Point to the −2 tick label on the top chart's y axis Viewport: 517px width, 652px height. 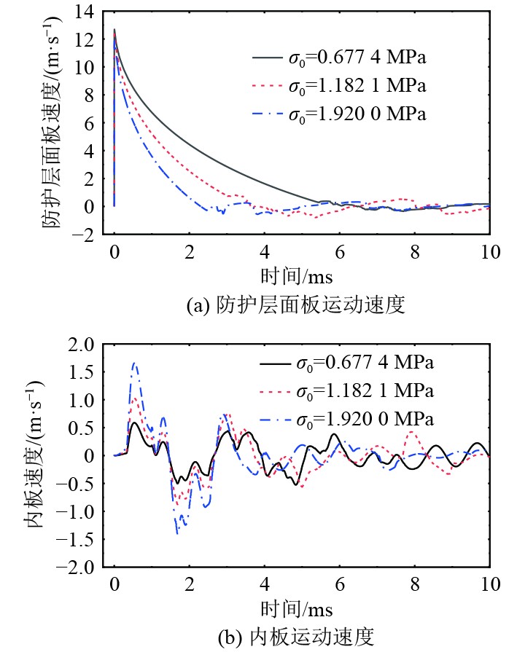pos(82,235)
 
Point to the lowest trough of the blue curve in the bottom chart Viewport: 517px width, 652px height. pos(177,534)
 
